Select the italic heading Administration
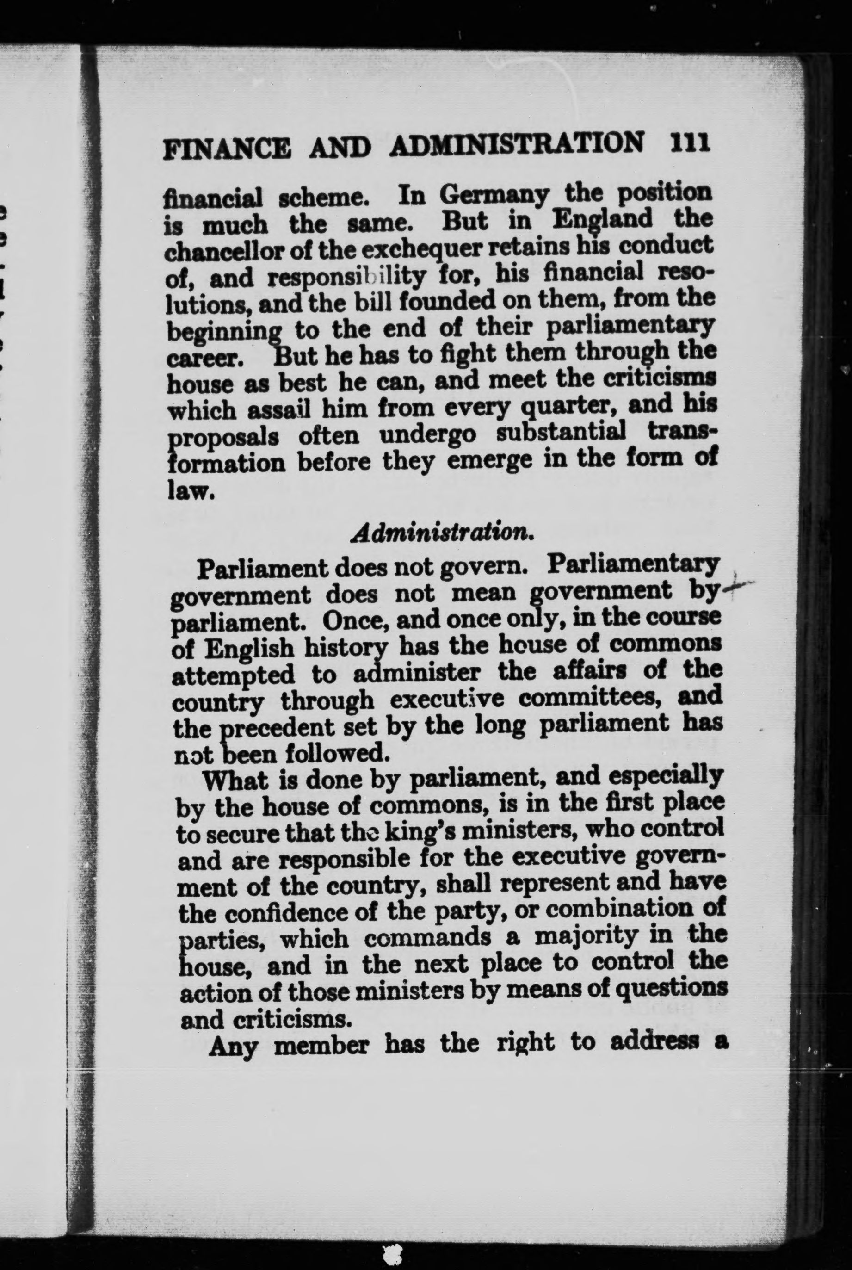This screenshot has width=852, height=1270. click(441, 533)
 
